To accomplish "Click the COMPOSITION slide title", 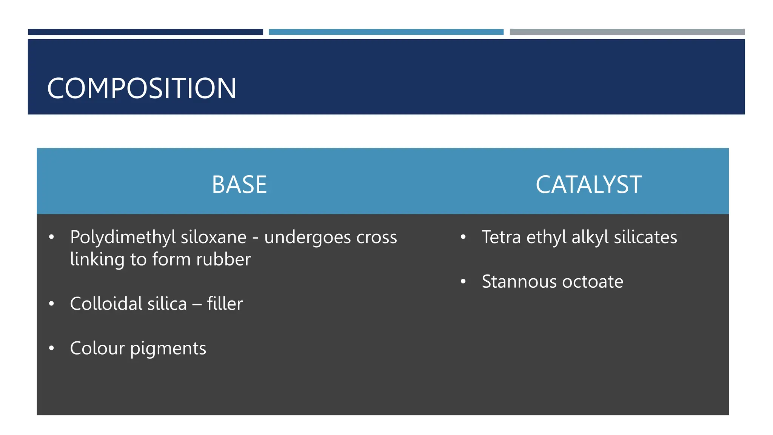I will (x=142, y=88).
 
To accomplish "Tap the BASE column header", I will (x=239, y=185).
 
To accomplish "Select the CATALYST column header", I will (x=588, y=185).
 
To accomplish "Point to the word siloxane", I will (x=214, y=237).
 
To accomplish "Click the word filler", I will (x=225, y=304).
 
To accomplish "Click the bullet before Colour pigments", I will (x=52, y=348).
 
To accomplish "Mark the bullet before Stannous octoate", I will (x=463, y=281).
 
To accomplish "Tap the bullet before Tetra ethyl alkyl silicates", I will (x=463, y=237).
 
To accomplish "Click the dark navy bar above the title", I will (x=145, y=32).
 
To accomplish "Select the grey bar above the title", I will (x=627, y=32).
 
